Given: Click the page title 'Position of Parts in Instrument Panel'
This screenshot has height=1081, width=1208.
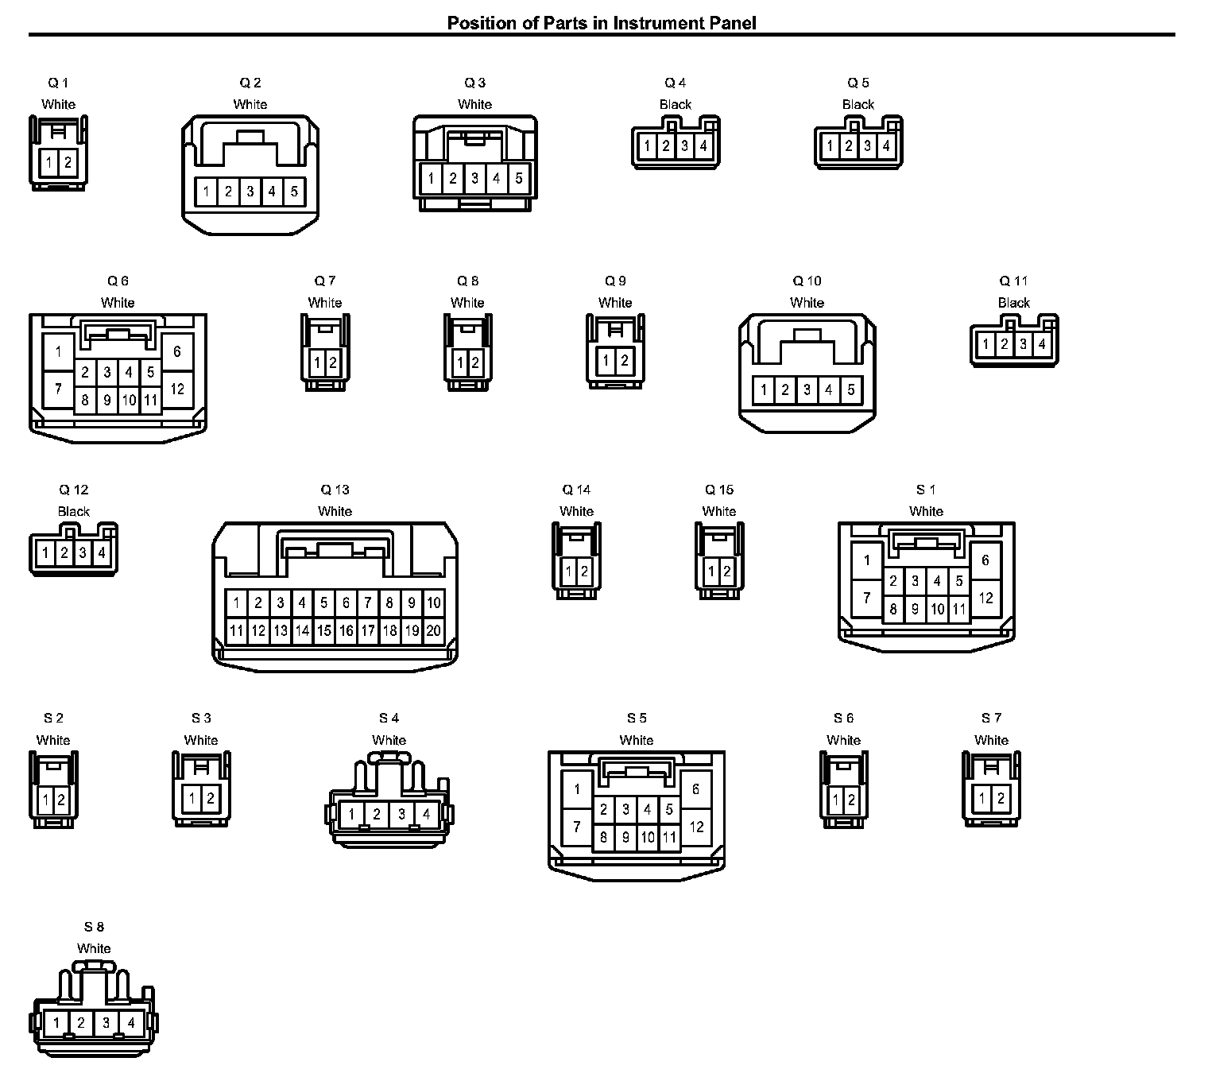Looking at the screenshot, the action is coord(602,23).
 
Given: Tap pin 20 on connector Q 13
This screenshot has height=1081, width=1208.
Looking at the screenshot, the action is coord(433,631).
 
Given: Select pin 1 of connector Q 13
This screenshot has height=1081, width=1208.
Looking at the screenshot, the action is coord(237,603).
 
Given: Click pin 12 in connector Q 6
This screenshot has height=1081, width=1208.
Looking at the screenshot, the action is coord(177,389).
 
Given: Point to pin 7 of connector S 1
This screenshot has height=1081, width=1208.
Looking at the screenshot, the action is coord(867,597).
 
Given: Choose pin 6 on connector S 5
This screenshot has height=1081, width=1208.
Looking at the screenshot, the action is coord(696,789).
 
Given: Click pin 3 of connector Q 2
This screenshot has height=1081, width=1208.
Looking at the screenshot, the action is coord(250,192).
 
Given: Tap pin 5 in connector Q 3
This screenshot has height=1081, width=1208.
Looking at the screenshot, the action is coord(518,178).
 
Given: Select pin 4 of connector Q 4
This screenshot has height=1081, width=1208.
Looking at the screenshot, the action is coord(703,146).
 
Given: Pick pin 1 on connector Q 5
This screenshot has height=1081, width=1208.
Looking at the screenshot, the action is coord(830,146).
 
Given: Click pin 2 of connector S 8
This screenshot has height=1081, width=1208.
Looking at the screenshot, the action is coord(81,1023).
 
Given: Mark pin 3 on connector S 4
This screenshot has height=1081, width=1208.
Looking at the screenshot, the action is coord(402,814).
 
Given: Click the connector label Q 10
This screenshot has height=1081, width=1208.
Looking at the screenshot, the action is coord(807,281).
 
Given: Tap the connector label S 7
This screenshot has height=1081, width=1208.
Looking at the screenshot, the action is coord(991,719).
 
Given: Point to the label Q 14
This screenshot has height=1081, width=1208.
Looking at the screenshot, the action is coord(576,490).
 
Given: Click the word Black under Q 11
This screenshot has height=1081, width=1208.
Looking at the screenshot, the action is coord(1014,303).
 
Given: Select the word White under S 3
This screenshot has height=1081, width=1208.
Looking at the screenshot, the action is coord(201,740).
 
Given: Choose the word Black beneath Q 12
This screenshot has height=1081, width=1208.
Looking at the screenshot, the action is coord(74,512).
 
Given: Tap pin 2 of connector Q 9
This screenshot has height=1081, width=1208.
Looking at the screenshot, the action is coord(625,361).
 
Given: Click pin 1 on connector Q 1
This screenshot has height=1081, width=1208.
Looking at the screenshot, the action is coord(49,163).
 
